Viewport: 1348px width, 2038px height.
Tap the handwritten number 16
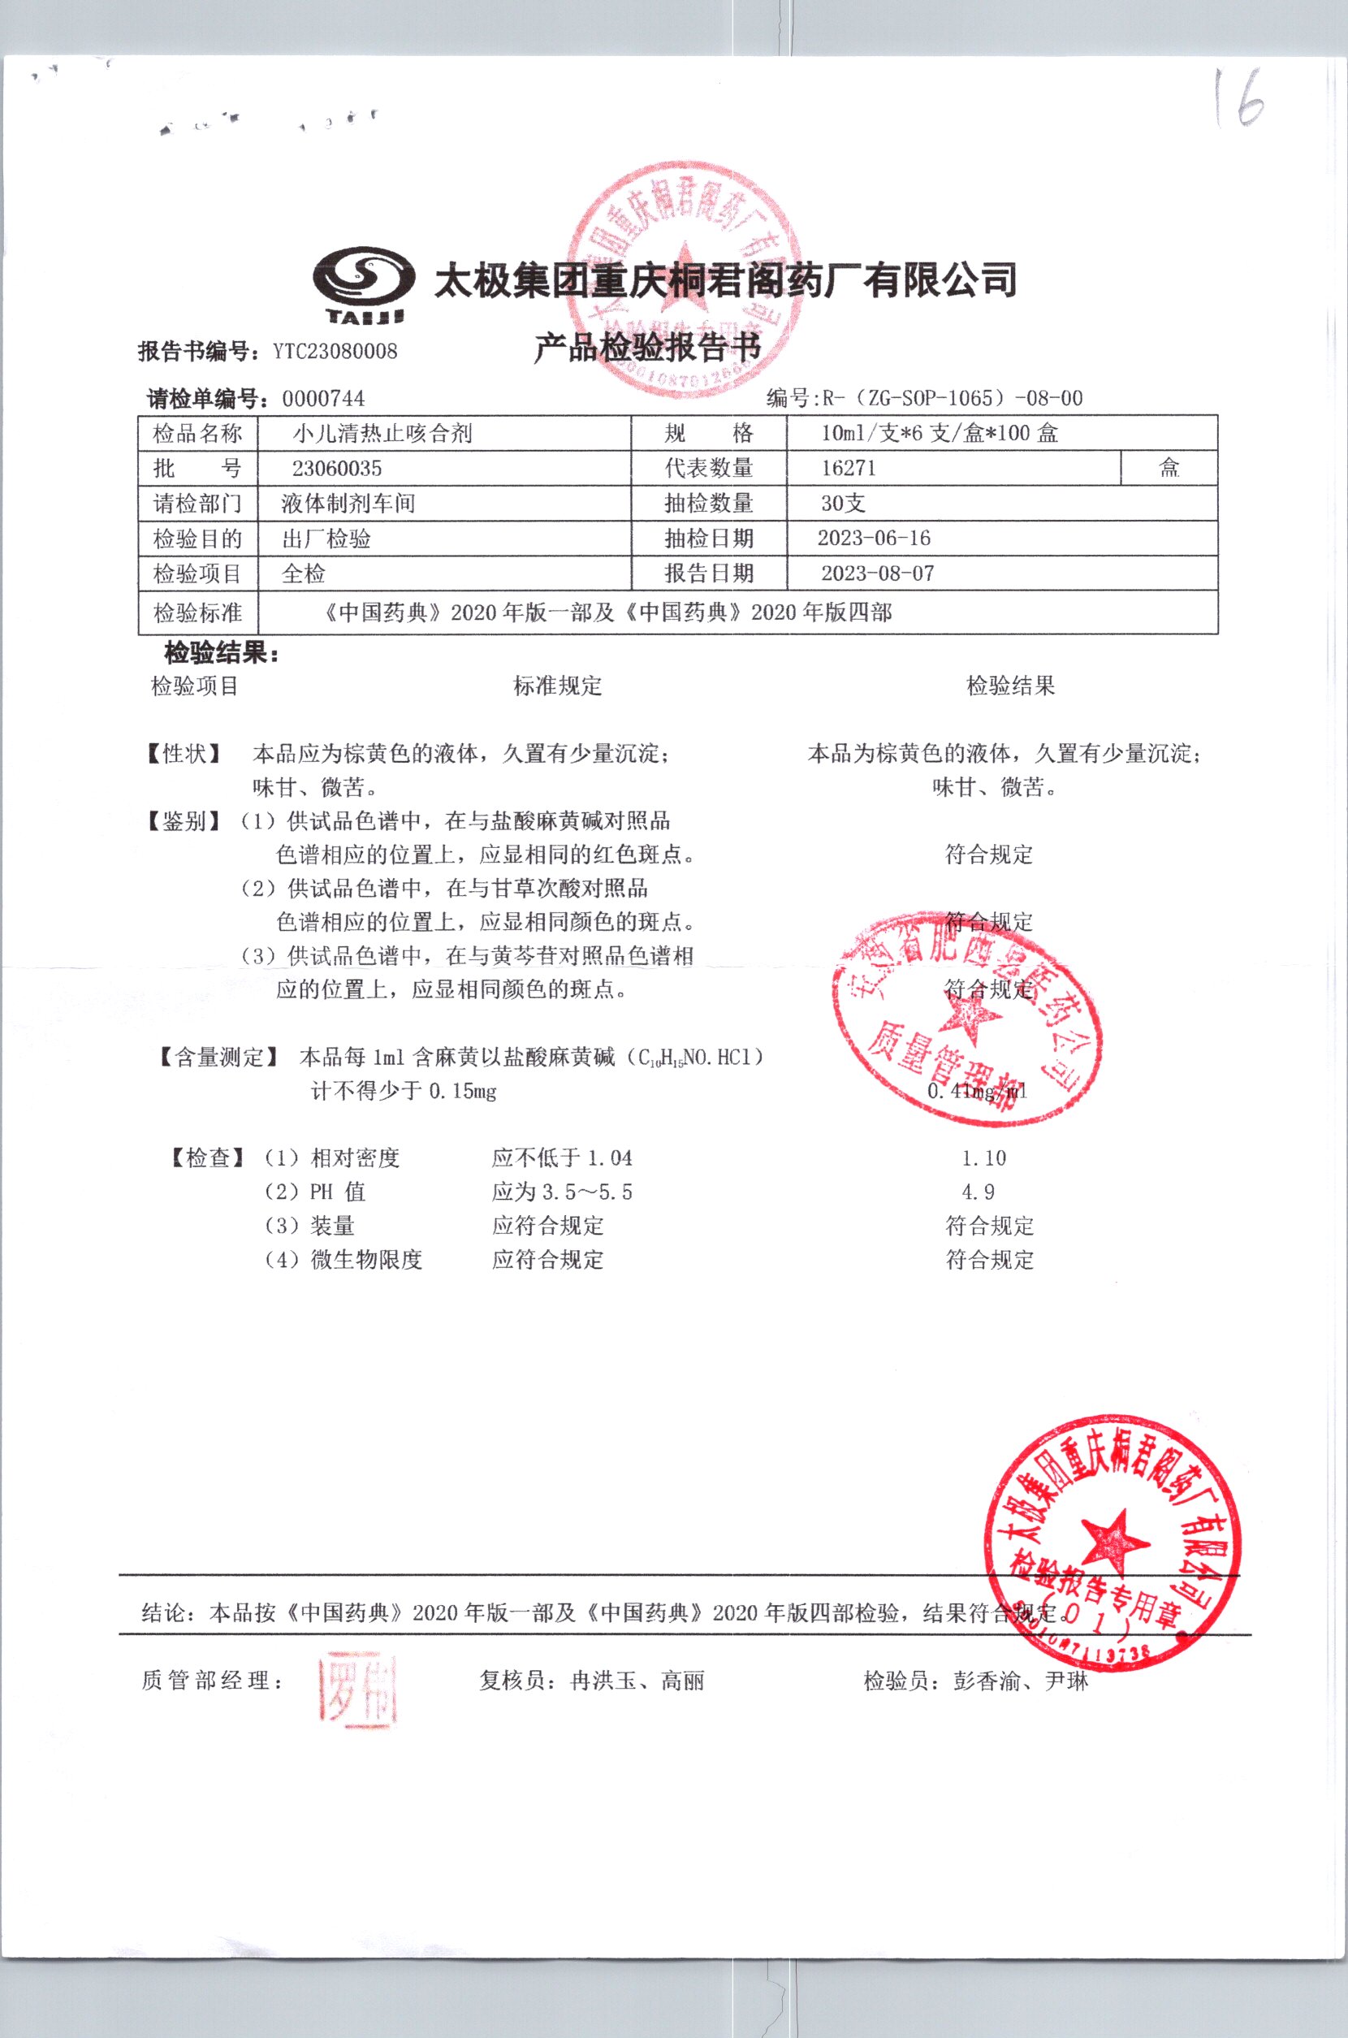1238,99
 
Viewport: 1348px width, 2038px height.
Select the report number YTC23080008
335,351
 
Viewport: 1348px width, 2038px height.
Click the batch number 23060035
337,469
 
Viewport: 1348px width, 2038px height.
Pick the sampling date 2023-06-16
874,539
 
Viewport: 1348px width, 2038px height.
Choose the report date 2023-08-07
877,573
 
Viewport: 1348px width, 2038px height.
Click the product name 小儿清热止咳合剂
382,434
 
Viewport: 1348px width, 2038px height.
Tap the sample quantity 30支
843,504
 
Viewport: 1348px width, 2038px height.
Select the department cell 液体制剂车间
348,504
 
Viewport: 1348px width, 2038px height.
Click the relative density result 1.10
983,1158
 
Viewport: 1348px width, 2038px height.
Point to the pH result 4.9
978,1192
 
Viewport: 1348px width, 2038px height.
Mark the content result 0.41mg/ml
978,1092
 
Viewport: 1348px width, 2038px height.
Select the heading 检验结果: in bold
222,654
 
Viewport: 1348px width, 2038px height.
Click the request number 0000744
323,398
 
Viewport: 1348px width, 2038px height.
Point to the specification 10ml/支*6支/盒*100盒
939,434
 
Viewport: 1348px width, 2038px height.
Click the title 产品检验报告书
646,348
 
